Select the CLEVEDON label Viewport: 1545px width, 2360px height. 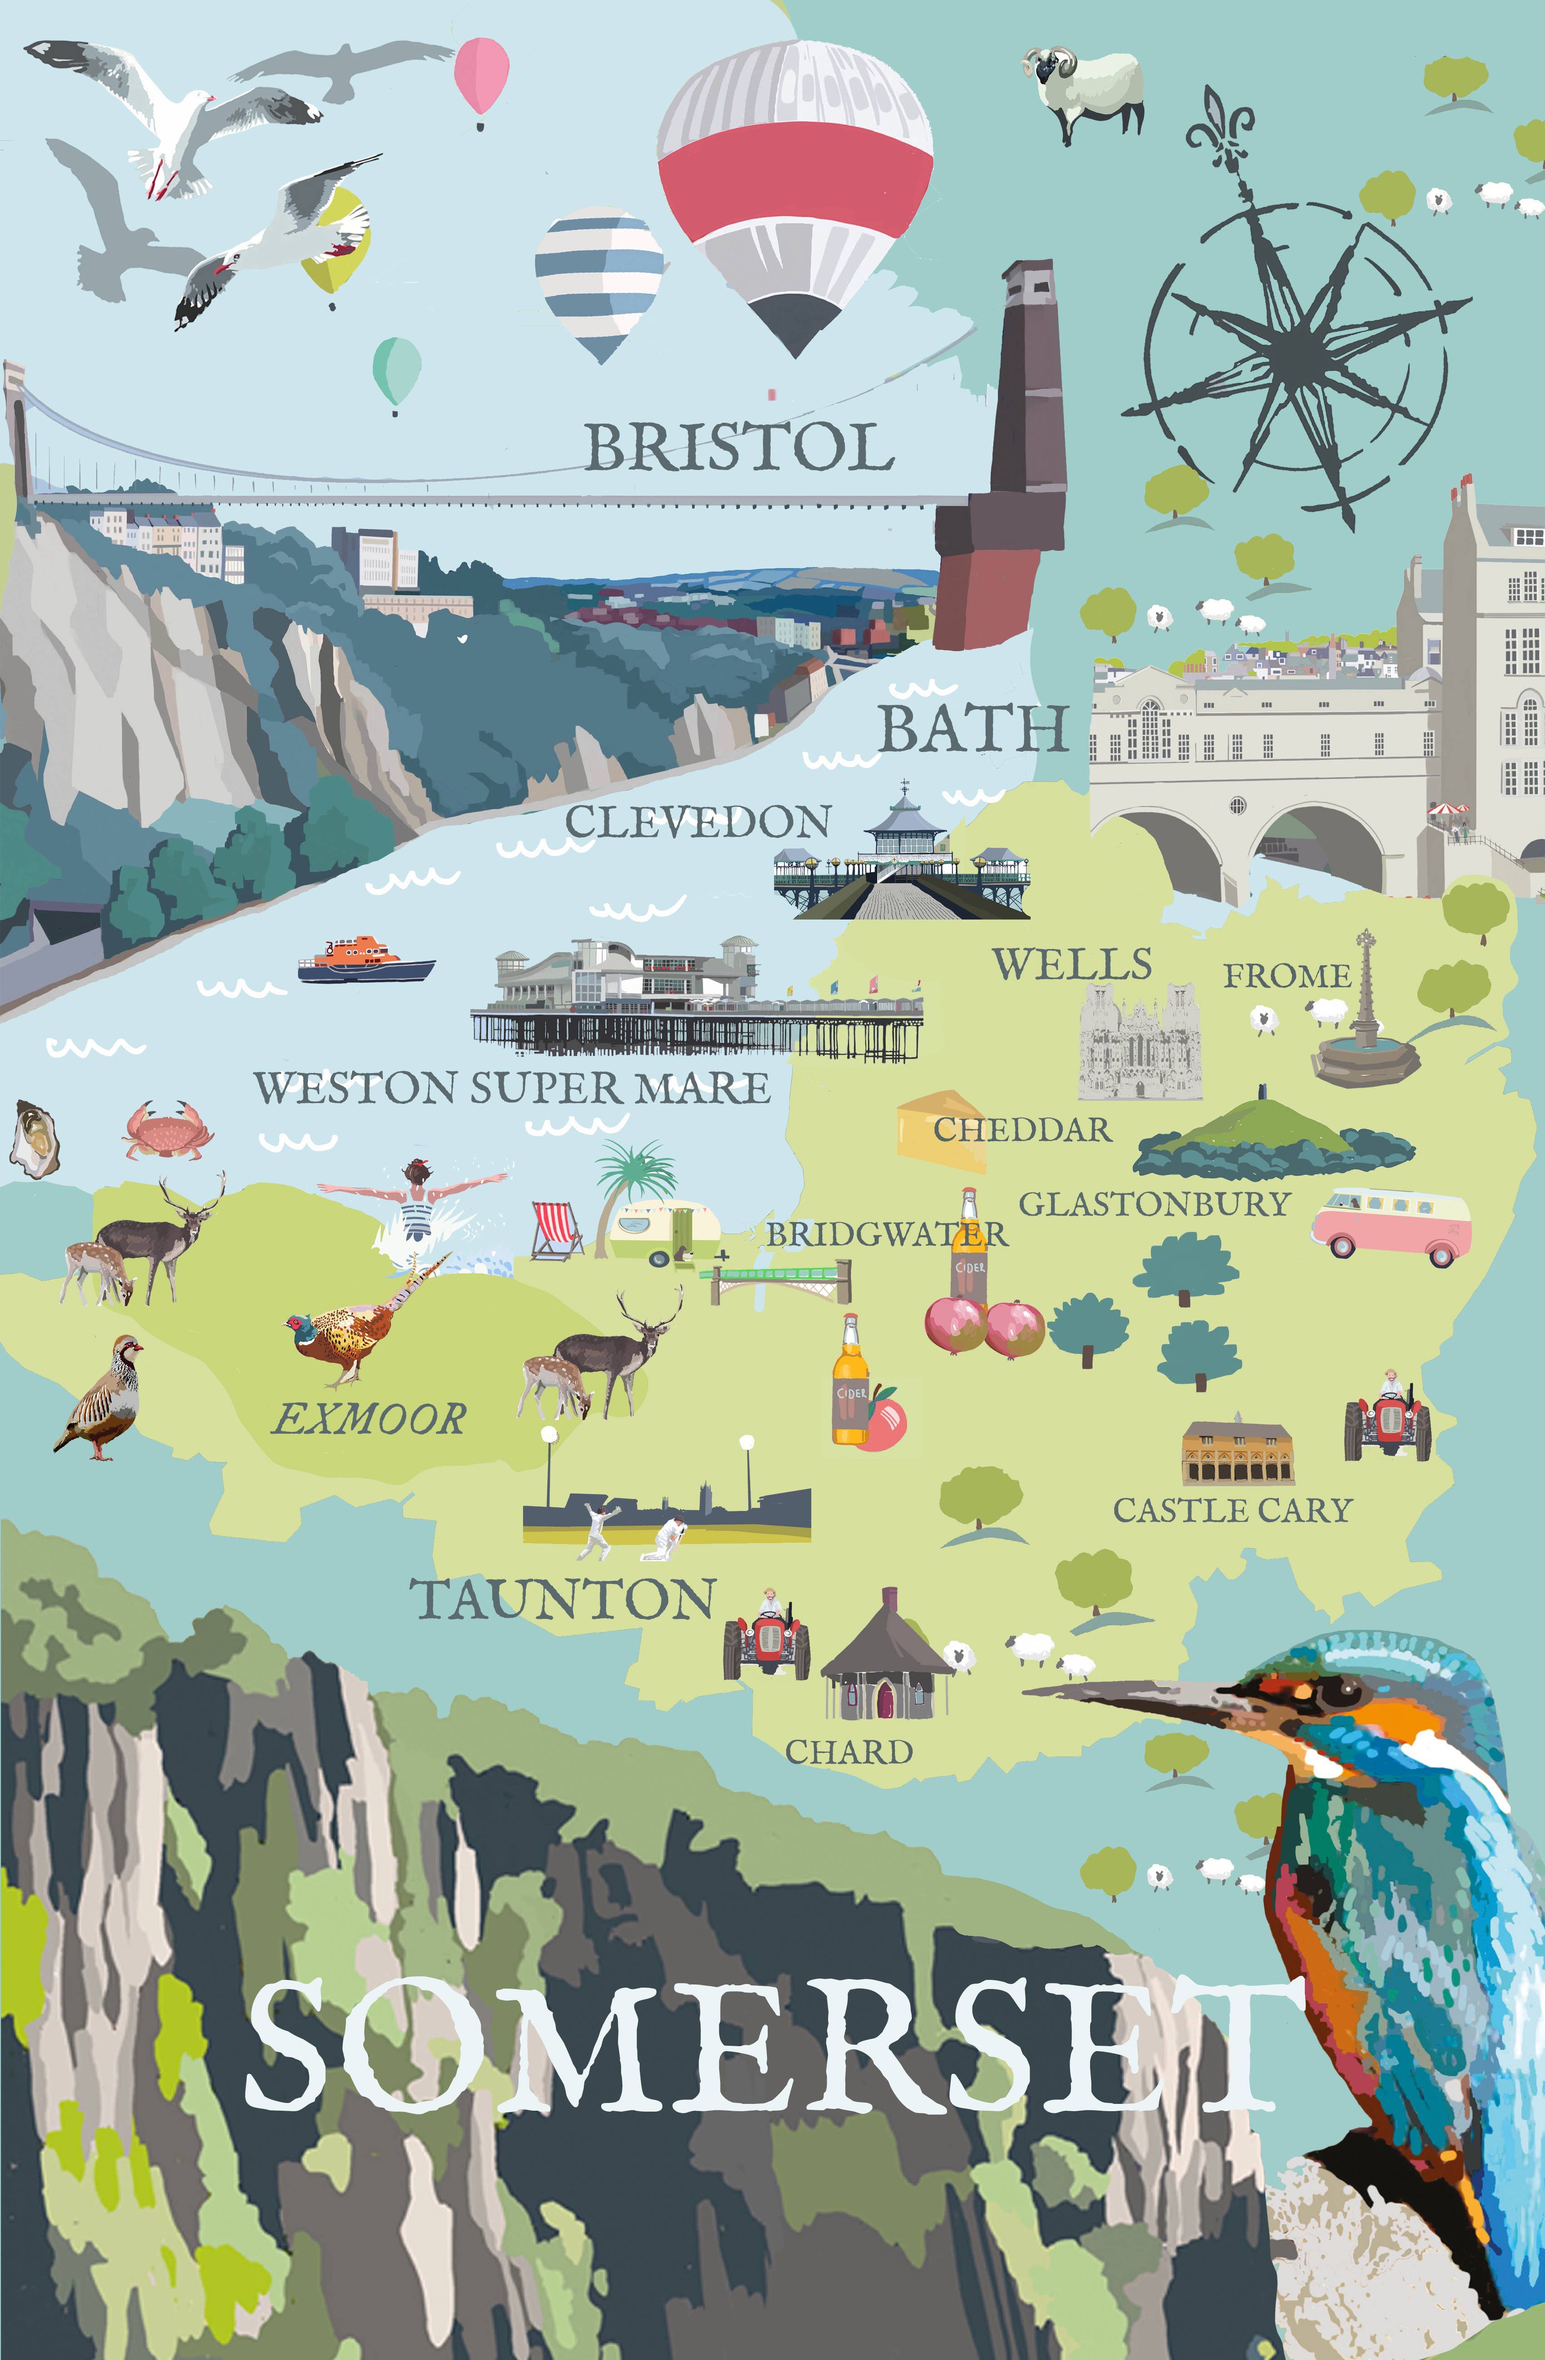[698, 822]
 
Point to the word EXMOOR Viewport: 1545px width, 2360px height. [369, 1419]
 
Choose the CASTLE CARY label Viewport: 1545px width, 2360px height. [1233, 1510]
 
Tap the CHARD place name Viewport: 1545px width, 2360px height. [849, 1752]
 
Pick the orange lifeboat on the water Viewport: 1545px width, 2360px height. [365, 959]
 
